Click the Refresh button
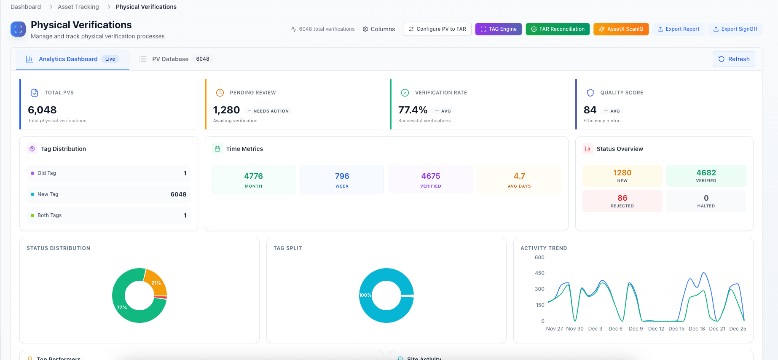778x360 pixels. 734,59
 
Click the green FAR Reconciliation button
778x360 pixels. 558,29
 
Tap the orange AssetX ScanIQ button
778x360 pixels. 621,29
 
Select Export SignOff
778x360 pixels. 735,29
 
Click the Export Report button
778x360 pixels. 679,29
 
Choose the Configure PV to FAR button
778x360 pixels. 437,29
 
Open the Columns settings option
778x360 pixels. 379,29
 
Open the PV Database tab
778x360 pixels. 170,59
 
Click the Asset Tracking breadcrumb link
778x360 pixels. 78,7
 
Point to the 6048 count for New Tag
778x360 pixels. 178,194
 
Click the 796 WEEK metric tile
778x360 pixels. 342,179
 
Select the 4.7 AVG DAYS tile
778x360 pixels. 519,179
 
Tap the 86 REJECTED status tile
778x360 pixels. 622,201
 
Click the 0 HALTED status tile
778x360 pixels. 706,201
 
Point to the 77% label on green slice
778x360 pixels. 122,307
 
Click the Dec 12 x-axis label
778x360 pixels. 656,329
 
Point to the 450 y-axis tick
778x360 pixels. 539,273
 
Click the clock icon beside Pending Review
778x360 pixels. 220,93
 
